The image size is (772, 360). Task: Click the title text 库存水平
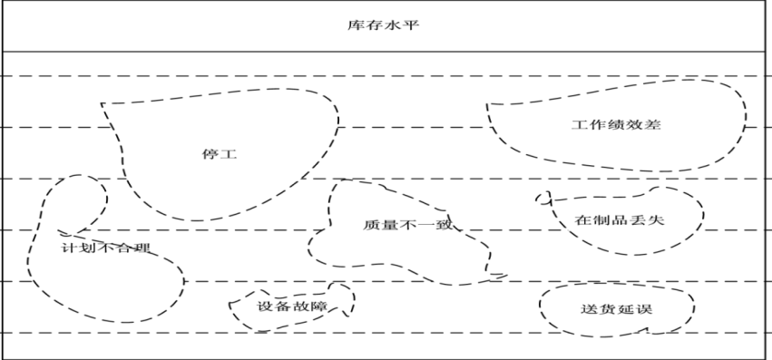tap(383, 25)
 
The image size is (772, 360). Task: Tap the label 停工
tap(220, 154)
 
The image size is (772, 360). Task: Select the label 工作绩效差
tap(616, 124)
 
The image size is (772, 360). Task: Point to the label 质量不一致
tap(407, 225)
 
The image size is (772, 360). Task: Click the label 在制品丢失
tap(620, 219)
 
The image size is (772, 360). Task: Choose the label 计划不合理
tap(106, 248)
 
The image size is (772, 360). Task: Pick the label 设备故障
tap(292, 306)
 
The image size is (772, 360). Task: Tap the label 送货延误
tap(617, 309)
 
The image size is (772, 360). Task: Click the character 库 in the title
tap(356, 25)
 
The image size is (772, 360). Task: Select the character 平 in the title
tap(411, 25)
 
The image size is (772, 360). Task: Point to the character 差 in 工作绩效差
tap(653, 124)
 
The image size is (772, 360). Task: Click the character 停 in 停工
tap(210, 154)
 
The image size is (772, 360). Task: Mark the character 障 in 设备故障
tap(320, 306)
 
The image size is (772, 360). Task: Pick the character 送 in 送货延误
tap(590, 309)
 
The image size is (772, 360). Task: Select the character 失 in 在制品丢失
tap(656, 219)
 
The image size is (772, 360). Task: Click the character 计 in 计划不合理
tap(70, 248)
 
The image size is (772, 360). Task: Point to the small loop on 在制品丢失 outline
tap(543, 198)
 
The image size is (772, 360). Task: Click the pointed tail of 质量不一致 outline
tap(506, 276)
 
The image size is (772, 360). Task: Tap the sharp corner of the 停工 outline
tap(102, 103)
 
